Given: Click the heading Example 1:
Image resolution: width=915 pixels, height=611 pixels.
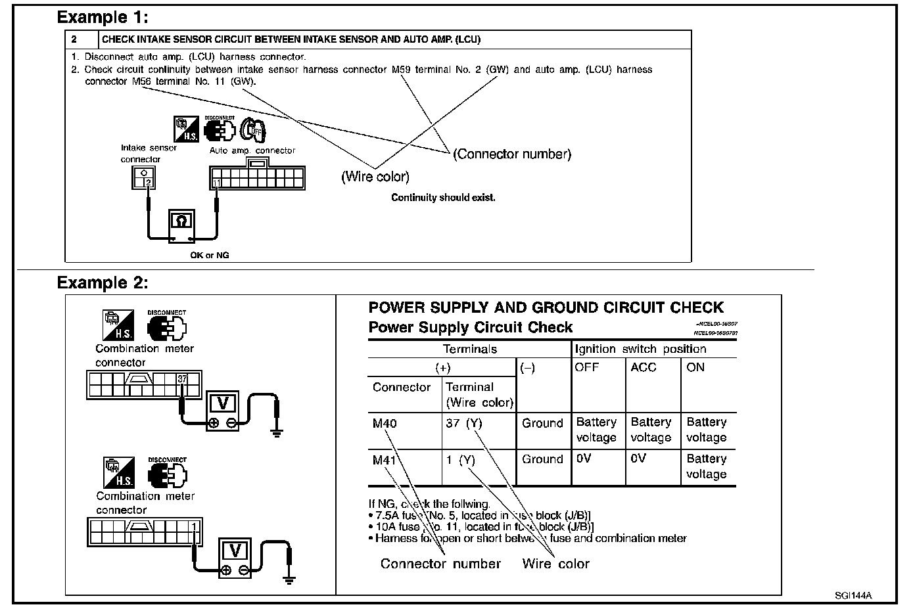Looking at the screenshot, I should pyautogui.click(x=103, y=17).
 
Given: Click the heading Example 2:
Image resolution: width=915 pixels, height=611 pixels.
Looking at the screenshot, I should pyautogui.click(x=103, y=283).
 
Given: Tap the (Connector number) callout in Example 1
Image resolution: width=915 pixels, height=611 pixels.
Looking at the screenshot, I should pyautogui.click(x=512, y=154).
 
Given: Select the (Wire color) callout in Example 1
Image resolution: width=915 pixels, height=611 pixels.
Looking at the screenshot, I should pyautogui.click(x=375, y=177).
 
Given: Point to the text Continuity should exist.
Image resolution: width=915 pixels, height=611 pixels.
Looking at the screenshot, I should pyautogui.click(x=443, y=198).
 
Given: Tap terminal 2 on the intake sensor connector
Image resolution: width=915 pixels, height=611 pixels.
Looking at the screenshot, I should pyautogui.click(x=149, y=182).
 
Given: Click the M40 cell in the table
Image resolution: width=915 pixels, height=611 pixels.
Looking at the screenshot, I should pyautogui.click(x=385, y=424).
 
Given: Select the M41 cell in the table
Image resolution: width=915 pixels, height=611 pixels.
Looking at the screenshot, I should pyautogui.click(x=385, y=460).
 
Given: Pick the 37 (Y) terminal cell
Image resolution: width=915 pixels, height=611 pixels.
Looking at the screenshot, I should pyautogui.click(x=463, y=424).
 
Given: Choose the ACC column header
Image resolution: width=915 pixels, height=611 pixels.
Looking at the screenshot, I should pyautogui.click(x=643, y=368).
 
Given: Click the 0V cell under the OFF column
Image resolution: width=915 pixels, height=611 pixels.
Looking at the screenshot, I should pyautogui.click(x=584, y=459).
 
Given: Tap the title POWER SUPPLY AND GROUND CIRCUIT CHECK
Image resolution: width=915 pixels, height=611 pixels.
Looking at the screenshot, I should pyautogui.click(x=546, y=307).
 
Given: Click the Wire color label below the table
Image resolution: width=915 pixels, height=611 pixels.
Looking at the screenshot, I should pyautogui.click(x=555, y=564).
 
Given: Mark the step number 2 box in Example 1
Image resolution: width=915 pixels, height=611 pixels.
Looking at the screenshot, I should pyautogui.click(x=74, y=39).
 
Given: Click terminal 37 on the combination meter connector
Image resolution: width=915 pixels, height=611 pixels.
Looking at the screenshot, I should pyautogui.click(x=183, y=379).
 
